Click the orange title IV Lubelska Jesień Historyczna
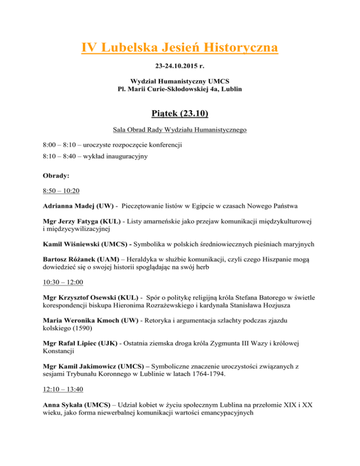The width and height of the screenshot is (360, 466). [180, 48]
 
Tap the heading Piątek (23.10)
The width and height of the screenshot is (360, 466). [180, 114]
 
